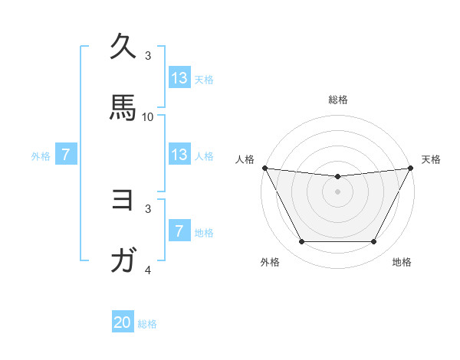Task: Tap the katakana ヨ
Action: [x=123, y=200]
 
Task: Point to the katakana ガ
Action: [x=123, y=261]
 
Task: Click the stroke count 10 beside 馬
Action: [x=148, y=117]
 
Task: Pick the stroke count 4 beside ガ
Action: [x=148, y=270]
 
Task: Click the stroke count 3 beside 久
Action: [x=148, y=56]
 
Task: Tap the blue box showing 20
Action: [x=123, y=323]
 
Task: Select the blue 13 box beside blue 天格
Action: [x=179, y=78]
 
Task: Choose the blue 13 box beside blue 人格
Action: [x=179, y=155]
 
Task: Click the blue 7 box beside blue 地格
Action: [x=179, y=231]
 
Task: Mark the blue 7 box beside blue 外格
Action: [x=66, y=155]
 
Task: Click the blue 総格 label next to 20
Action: [x=147, y=324]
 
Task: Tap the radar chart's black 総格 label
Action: [x=338, y=100]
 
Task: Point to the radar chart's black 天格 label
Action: [x=431, y=159]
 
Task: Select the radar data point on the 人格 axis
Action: [x=264, y=168]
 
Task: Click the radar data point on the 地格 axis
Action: [x=374, y=242]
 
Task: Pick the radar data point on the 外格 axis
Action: [x=301, y=242]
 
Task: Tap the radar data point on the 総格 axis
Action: [x=338, y=176]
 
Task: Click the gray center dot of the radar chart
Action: [x=338, y=191]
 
